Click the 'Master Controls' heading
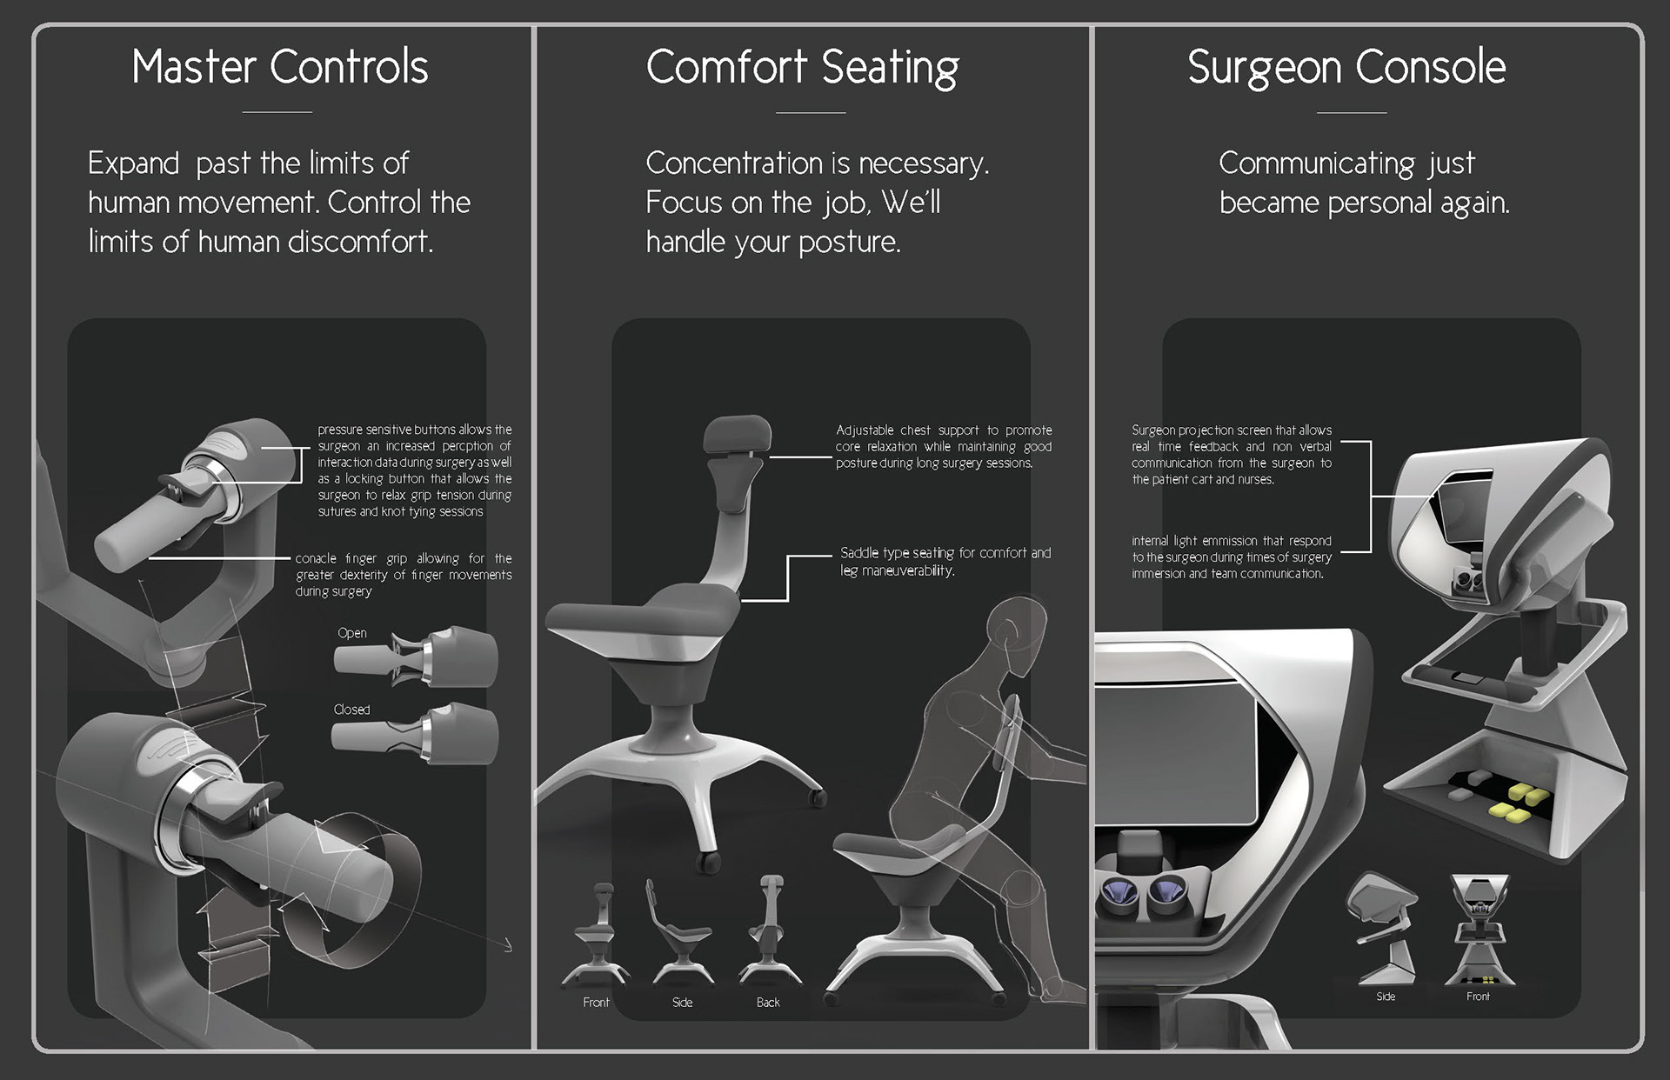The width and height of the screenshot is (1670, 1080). pyautogui.click(x=280, y=67)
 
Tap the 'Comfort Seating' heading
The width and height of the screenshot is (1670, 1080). pyautogui.click(x=802, y=67)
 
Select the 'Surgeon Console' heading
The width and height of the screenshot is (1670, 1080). pyautogui.click(x=1346, y=67)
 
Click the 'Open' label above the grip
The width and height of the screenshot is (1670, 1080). pyautogui.click(x=352, y=633)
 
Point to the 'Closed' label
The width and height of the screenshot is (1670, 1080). pyautogui.click(x=351, y=710)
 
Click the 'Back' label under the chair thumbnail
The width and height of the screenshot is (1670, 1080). pyautogui.click(x=768, y=1003)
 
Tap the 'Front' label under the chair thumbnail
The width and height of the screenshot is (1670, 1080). pyautogui.click(x=596, y=1003)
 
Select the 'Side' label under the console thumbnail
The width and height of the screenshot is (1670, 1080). pyautogui.click(x=1386, y=997)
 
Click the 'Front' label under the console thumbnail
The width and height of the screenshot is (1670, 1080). pyautogui.click(x=1478, y=997)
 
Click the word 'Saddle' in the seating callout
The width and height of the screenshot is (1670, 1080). pyautogui.click(x=859, y=553)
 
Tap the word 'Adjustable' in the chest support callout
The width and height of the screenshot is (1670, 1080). pyautogui.click(x=865, y=430)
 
